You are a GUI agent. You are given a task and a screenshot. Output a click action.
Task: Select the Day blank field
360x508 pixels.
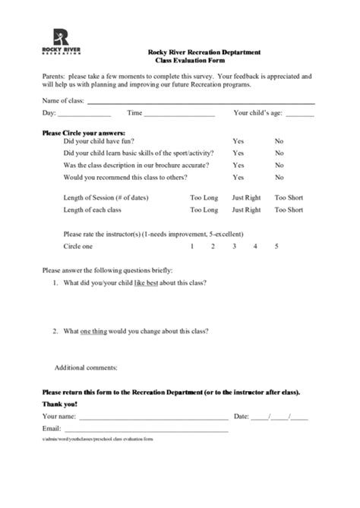click(84, 114)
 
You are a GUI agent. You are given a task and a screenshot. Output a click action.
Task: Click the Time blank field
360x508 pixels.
click(179, 114)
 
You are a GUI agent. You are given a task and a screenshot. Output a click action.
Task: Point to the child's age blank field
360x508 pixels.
click(300, 114)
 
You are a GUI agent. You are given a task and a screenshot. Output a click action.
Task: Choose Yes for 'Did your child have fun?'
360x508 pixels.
click(238, 141)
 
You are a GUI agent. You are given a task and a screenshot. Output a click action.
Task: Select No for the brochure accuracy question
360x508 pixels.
click(279, 165)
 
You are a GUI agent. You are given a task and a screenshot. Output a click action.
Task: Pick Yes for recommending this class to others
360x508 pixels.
click(238, 178)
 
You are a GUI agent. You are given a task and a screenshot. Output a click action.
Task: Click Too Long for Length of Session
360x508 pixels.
click(203, 197)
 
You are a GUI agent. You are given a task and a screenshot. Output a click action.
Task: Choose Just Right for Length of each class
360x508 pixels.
click(246, 209)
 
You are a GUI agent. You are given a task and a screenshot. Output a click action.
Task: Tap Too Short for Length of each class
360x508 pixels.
click(289, 209)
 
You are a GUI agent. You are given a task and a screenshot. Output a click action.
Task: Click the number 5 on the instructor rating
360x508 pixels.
click(276, 247)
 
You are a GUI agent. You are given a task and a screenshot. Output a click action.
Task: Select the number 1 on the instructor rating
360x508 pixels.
click(191, 247)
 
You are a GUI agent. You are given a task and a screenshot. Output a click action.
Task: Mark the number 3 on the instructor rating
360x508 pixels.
click(234, 247)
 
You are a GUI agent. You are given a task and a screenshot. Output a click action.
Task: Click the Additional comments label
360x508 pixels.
click(86, 368)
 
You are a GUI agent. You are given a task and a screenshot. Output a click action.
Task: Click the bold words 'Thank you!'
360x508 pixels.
click(59, 404)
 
